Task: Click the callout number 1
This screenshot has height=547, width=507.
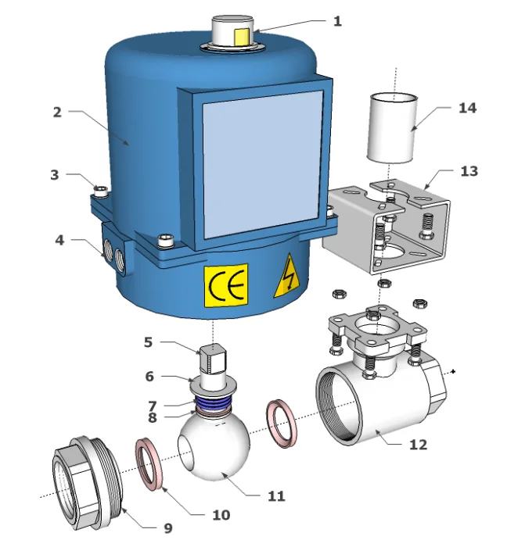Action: pyautogui.click(x=337, y=21)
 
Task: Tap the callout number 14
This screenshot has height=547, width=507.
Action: pyautogui.click(x=466, y=108)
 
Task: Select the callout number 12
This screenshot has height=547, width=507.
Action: pyautogui.click(x=419, y=445)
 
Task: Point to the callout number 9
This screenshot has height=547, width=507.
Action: pyautogui.click(x=167, y=528)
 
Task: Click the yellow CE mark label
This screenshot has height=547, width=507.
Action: pyautogui.click(x=226, y=285)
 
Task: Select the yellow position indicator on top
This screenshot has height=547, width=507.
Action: pyautogui.click(x=241, y=35)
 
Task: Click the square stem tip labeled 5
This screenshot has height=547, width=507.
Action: pyautogui.click(x=212, y=359)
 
